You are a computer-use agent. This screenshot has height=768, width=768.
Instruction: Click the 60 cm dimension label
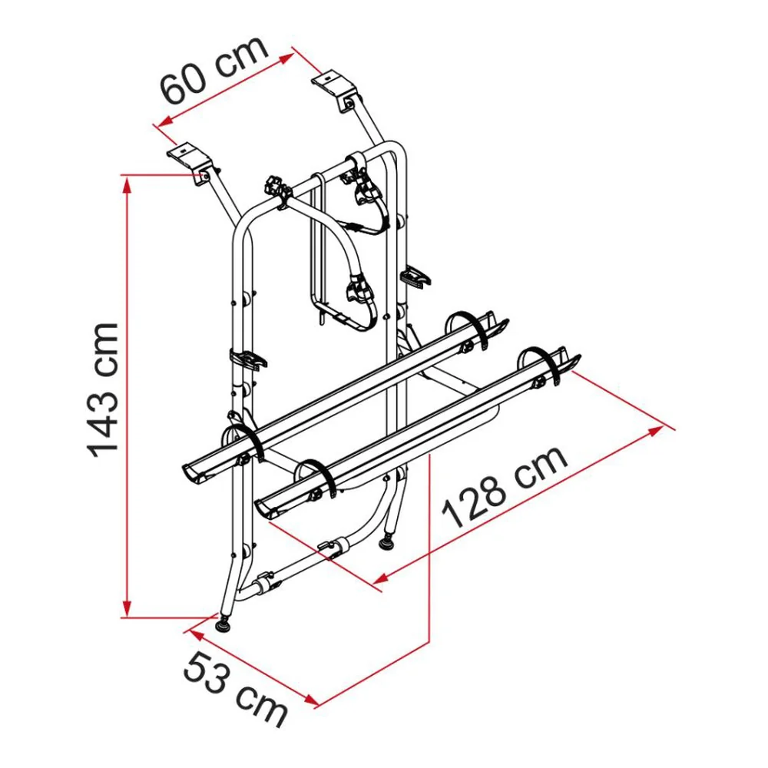point(214,69)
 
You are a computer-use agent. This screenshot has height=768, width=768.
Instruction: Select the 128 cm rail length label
point(505,487)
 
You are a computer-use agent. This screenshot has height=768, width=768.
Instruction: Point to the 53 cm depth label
point(236,689)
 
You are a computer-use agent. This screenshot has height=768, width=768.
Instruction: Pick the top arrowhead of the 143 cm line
point(127,184)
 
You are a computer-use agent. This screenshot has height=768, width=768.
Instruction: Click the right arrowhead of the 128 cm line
point(657,431)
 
